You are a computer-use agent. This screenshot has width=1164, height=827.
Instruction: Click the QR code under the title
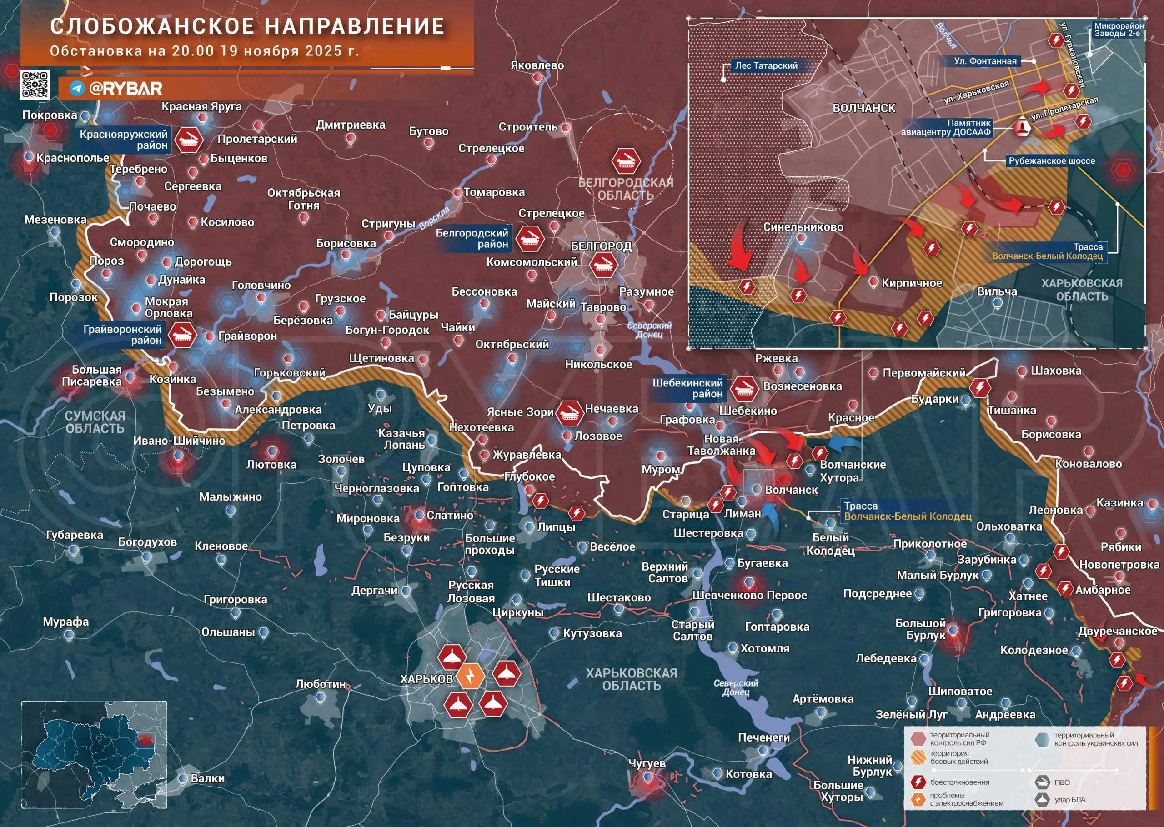coord(35,84)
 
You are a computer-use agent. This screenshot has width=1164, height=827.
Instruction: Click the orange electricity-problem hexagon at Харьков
coord(471,676)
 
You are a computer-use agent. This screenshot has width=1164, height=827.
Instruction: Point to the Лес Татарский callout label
coord(766,65)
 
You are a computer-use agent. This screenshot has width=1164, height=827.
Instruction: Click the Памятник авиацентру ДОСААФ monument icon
coord(1021,127)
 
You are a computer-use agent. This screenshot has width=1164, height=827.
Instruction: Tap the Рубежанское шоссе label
coord(1052,161)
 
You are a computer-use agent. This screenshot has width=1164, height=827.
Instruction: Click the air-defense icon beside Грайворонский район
coord(182,335)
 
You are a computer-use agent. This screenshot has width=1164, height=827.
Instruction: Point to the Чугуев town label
coord(647,763)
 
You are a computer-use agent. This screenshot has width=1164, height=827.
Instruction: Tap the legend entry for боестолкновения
coord(959,782)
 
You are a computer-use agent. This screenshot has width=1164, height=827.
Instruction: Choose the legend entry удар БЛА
coord(1069,800)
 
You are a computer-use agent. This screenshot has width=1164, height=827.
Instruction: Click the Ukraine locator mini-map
coord(94,754)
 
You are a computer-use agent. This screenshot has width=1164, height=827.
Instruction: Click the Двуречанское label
coord(1117,631)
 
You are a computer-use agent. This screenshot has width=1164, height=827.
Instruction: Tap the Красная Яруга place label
coord(201,106)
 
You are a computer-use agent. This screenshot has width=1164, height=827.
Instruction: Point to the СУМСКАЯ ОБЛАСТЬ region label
coord(95,422)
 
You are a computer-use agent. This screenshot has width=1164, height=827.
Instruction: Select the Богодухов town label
coord(148,542)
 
